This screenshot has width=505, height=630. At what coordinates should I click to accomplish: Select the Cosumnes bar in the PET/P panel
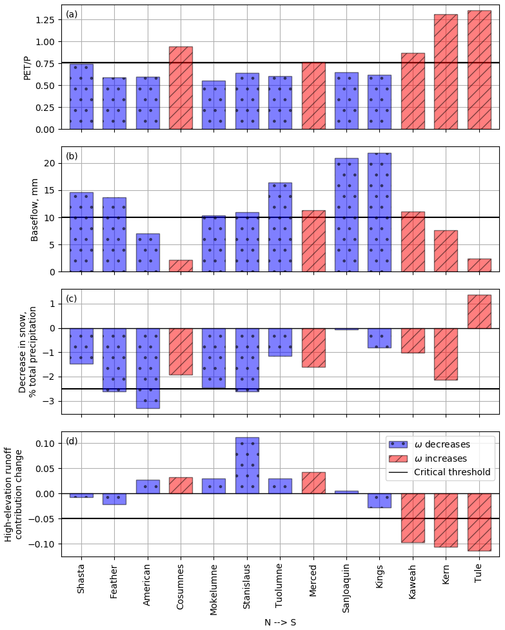181,88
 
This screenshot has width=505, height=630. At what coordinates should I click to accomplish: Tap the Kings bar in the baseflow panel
379,212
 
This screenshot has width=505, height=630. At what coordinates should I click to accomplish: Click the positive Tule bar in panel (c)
479,311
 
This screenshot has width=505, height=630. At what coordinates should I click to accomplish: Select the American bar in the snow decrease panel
148,368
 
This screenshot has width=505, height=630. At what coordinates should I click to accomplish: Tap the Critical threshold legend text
452,472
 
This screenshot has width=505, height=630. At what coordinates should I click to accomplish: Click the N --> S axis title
281,622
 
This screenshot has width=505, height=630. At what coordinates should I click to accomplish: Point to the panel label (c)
72,299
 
